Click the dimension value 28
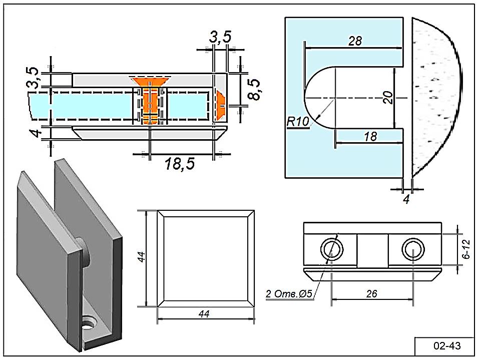[355, 41]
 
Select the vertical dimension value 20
[387, 97]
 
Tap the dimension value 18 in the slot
[370, 136]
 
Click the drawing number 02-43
[446, 346]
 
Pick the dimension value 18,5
[180, 164]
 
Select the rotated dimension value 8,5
[256, 89]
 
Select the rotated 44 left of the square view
[142, 257]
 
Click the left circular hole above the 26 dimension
[331, 248]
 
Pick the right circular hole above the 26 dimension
[413, 248]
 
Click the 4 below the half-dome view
[406, 199]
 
